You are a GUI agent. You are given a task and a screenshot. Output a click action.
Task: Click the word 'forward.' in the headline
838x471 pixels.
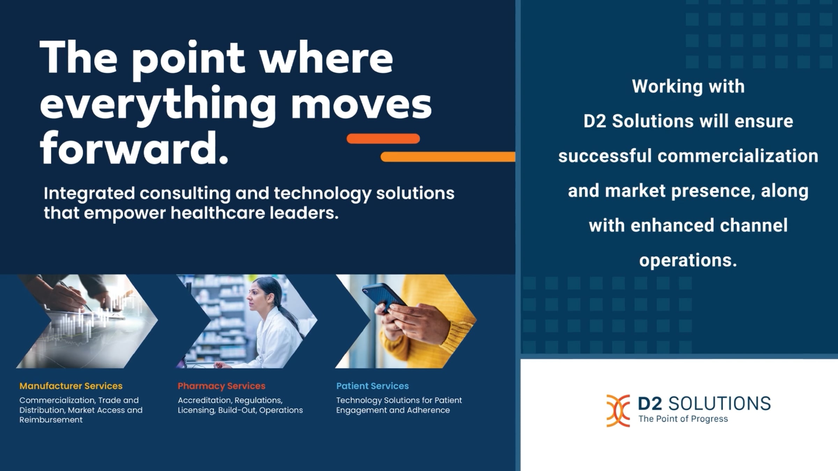click(134, 148)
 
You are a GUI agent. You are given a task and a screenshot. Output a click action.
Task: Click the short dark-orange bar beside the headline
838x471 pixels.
click(383, 139)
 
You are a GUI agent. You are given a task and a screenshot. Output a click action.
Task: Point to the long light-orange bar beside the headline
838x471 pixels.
click(448, 157)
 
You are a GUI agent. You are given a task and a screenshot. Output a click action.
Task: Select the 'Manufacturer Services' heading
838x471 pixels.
click(71, 386)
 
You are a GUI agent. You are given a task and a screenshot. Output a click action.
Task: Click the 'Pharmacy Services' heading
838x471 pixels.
click(221, 386)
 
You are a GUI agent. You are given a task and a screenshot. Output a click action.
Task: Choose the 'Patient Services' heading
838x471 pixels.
click(372, 386)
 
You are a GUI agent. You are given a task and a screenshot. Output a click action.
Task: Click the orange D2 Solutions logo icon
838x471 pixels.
click(618, 411)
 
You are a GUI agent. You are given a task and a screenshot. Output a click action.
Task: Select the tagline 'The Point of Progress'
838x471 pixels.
click(683, 419)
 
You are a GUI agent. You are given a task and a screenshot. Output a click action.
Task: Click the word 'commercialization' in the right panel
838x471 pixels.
click(738, 156)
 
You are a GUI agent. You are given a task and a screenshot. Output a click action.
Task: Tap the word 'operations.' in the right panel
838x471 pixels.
click(688, 261)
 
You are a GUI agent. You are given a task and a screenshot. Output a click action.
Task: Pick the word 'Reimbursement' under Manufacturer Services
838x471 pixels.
click(51, 420)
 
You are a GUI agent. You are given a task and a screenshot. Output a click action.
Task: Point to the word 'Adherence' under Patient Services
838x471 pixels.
click(428, 410)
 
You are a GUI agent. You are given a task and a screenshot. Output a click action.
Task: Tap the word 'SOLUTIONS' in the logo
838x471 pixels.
click(720, 404)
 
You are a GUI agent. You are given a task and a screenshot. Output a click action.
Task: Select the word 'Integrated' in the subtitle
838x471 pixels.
click(89, 194)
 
